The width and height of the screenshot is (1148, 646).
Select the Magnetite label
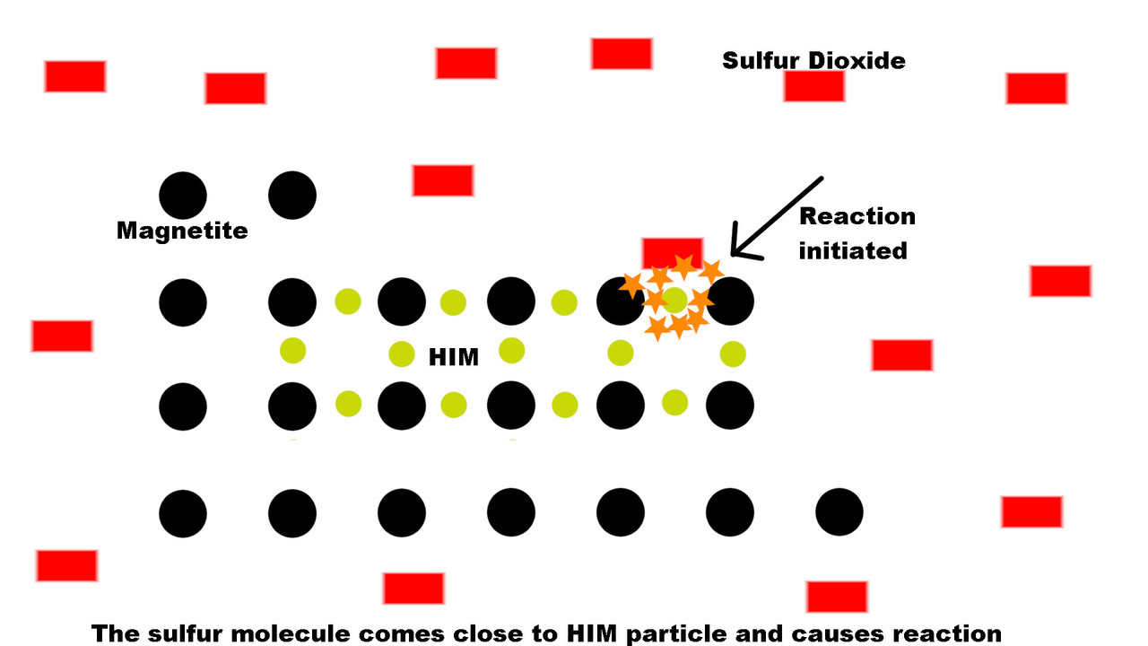[x=182, y=231]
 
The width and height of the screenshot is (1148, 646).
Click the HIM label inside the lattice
[x=454, y=357]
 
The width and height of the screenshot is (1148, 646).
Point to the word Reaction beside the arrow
[x=857, y=216]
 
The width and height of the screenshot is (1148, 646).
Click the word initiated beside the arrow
[x=853, y=251]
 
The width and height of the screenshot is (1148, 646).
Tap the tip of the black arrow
[x=732, y=254]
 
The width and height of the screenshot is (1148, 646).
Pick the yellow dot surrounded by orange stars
[x=675, y=301]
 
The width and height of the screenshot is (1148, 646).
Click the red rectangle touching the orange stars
[x=673, y=253]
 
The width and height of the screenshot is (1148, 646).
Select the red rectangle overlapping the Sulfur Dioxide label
[x=814, y=86]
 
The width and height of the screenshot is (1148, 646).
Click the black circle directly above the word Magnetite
[x=183, y=196]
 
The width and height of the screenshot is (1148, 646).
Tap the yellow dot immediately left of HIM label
[x=402, y=354]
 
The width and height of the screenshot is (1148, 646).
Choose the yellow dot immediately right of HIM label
[x=511, y=351]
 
